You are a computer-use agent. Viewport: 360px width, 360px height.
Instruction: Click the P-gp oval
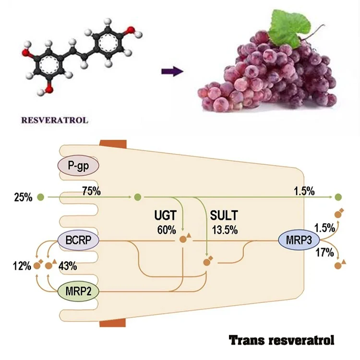[x=78, y=167]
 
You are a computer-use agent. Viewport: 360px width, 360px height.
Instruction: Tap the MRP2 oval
[x=78, y=290]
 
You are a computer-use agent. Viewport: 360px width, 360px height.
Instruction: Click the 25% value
[x=23, y=197]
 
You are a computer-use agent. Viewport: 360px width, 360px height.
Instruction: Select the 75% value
[x=91, y=191]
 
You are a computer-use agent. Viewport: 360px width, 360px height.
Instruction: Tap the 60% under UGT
[x=166, y=229]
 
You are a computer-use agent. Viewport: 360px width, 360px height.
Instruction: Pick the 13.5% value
[x=224, y=229]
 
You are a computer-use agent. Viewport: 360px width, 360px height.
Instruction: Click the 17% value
[x=324, y=252]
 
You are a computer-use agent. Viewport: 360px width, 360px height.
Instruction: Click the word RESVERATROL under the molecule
[x=54, y=120]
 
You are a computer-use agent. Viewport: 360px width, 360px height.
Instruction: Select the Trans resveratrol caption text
[x=281, y=340]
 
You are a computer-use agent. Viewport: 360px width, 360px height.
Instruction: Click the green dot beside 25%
[x=41, y=197]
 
